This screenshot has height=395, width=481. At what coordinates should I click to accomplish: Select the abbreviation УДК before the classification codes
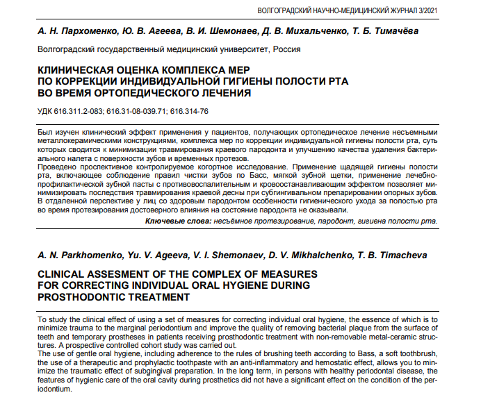46,112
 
